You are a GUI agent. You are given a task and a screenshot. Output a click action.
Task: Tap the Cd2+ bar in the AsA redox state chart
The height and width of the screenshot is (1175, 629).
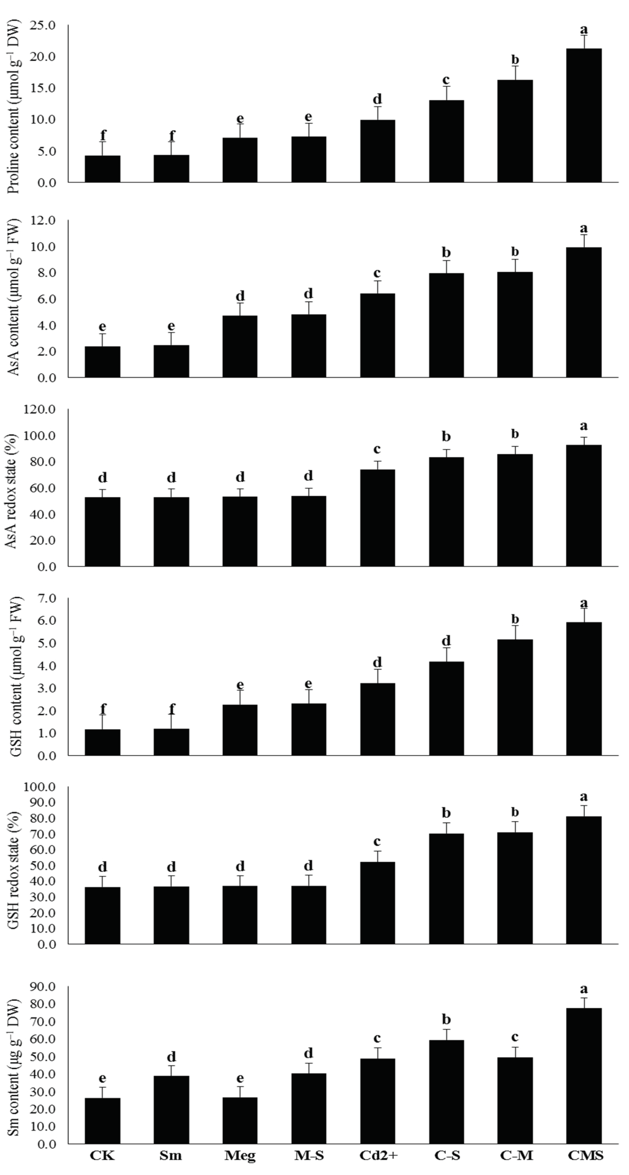pos(377,518)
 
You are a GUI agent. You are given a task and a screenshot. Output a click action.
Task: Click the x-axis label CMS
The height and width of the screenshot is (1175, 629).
pos(585,1155)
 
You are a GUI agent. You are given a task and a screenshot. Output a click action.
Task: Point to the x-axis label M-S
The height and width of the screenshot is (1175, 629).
pos(309,1155)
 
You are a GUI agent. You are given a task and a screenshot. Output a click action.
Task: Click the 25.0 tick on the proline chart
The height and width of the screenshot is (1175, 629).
pos(42,26)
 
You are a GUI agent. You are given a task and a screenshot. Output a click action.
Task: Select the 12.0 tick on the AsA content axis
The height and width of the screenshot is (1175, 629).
pos(42,220)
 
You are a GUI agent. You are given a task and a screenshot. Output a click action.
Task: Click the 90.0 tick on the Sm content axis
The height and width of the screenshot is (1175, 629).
pos(42,987)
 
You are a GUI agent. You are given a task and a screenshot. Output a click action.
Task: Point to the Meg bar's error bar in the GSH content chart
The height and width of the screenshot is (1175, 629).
pos(240,697)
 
